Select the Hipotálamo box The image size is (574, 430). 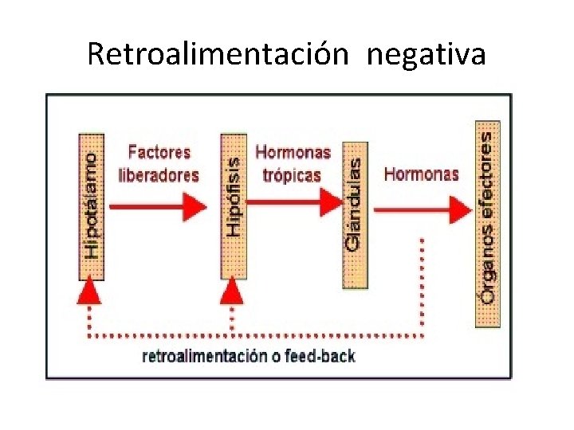point(92,206)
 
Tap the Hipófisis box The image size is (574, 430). point(233,206)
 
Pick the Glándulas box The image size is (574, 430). point(355,215)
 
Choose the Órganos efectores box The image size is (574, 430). point(488,224)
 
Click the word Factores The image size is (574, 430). point(159,152)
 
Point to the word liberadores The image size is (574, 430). point(159,175)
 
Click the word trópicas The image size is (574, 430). point(292,175)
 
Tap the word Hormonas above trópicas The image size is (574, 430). point(293,152)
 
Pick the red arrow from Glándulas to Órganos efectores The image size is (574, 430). point(423,209)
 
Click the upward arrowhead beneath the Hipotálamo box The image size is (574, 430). point(91,292)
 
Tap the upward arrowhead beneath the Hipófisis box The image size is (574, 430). point(232,292)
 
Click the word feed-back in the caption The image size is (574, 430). point(322,356)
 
